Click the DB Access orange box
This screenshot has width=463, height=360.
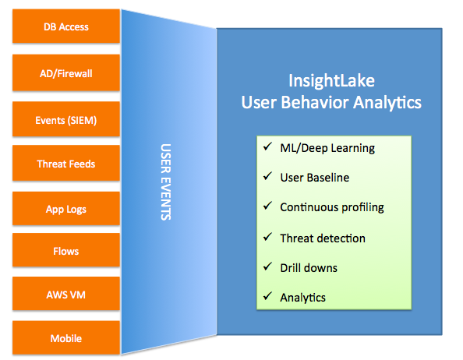click(x=66, y=26)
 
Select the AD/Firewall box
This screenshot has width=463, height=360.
click(x=66, y=72)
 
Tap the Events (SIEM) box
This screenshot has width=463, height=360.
click(x=66, y=119)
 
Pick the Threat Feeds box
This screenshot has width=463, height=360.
click(x=66, y=163)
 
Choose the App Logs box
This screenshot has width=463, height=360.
click(x=66, y=209)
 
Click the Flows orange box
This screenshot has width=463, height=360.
click(x=66, y=250)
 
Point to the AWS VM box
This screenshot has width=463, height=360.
click(x=66, y=294)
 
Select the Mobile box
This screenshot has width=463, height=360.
click(x=66, y=337)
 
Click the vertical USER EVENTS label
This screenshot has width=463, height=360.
click(x=166, y=182)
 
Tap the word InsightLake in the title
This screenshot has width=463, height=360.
click(x=331, y=81)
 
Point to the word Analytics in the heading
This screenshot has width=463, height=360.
click(x=387, y=103)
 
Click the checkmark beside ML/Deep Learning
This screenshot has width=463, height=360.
click(x=267, y=146)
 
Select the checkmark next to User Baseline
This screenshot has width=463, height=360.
click(x=267, y=176)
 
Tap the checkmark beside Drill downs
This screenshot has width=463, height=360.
click(x=267, y=266)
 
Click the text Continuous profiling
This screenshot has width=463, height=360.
click(x=332, y=207)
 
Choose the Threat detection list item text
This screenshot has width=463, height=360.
click(x=323, y=238)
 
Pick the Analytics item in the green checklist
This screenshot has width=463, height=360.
click(x=303, y=298)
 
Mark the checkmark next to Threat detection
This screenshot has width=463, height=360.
click(x=267, y=237)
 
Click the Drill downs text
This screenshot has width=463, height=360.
click(x=309, y=268)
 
